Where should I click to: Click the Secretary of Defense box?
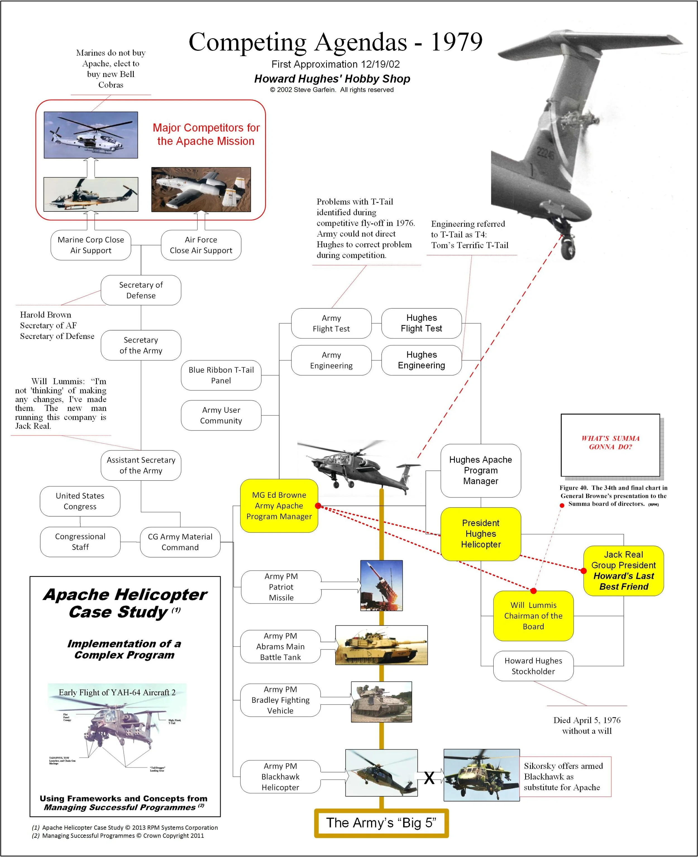(141, 290)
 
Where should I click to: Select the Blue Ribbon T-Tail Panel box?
(221, 375)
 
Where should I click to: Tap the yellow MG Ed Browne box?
(279, 505)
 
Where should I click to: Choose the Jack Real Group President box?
(623, 570)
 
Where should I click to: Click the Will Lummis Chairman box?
(533, 615)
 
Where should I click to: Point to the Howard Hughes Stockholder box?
(533, 666)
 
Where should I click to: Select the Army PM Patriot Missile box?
(281, 587)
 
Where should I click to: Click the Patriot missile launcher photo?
(382, 585)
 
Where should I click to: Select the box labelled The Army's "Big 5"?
(381, 823)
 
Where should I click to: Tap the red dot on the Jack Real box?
(584, 570)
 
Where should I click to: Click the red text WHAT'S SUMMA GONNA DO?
(610, 442)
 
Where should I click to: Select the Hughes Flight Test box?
(421, 323)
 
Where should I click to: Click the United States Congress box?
(80, 501)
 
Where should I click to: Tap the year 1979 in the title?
(457, 42)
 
